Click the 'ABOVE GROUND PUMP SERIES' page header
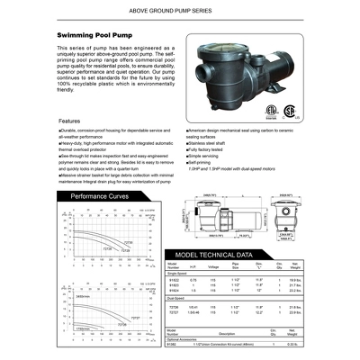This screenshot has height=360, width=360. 180,12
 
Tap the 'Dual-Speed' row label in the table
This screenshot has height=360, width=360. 175,312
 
